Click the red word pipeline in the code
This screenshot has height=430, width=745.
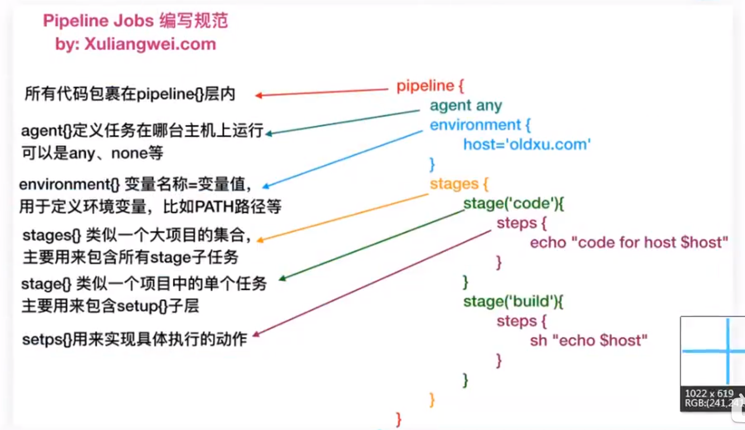tap(425, 86)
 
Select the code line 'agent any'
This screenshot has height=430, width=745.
tap(466, 106)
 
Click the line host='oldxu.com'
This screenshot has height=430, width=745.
tap(527, 145)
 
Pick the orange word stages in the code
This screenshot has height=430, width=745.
tap(454, 184)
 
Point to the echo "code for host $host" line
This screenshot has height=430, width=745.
tap(629, 243)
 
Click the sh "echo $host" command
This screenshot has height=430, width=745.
tap(589, 340)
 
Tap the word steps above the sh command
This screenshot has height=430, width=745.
tap(517, 321)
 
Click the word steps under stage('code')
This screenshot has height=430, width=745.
tap(517, 223)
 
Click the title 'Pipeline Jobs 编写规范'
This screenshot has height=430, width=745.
tap(136, 22)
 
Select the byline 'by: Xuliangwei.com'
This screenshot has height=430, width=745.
tap(136, 44)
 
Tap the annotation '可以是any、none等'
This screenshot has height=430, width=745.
tap(92, 153)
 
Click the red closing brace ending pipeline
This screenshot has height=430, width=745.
tap(399, 418)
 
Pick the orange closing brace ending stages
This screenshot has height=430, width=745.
tap(432, 399)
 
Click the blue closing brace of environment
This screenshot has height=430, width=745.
tap(432, 164)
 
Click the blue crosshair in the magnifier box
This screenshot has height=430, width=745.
tap(728, 351)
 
